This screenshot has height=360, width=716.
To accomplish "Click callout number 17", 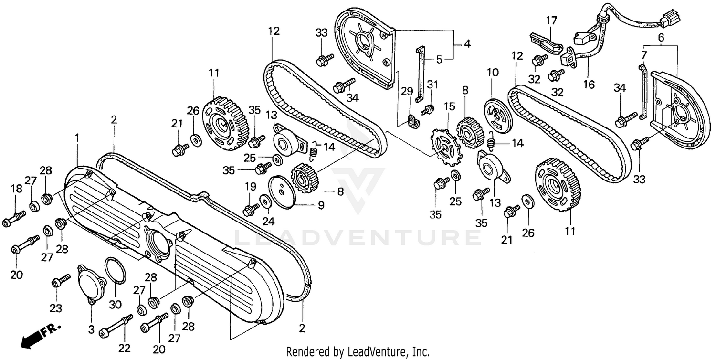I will [x=551, y=21].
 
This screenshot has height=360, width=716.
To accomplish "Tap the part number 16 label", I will [x=589, y=85].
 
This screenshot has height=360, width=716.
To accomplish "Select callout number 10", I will [x=492, y=73].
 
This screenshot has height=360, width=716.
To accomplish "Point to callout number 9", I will [x=321, y=205].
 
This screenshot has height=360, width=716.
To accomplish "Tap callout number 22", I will [x=124, y=349].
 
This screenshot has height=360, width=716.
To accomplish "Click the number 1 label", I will [x=77, y=138].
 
